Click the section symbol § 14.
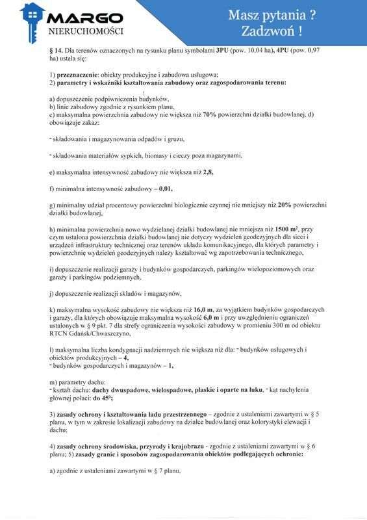[x=56, y=50]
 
